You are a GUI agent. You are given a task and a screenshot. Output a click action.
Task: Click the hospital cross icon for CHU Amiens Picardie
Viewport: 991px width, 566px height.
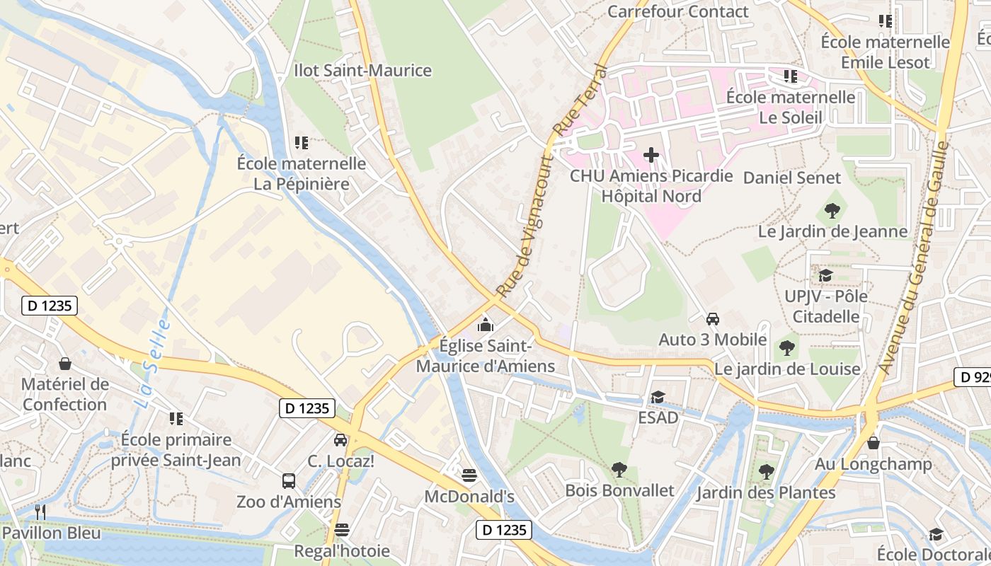tap(651, 154)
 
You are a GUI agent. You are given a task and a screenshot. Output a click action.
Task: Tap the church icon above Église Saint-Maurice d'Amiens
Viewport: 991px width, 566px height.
tap(486, 325)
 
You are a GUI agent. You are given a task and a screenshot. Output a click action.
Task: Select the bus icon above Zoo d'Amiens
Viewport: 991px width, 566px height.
tap(289, 481)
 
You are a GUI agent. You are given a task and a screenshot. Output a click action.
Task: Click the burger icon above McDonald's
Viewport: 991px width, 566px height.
tap(469, 475)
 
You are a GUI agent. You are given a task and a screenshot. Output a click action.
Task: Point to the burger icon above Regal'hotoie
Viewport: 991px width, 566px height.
tap(342, 530)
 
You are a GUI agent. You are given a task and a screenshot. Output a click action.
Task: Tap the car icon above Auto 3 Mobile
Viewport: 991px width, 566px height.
tap(713, 318)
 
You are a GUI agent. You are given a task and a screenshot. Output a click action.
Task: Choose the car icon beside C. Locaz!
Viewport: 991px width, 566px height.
tap(340, 440)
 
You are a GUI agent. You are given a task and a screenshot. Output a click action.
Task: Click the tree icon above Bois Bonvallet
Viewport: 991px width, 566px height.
tap(619, 469)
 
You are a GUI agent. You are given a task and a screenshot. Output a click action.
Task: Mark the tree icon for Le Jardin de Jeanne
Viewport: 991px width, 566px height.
tap(832, 210)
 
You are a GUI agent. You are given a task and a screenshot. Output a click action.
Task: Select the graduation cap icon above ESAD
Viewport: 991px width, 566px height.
tap(658, 397)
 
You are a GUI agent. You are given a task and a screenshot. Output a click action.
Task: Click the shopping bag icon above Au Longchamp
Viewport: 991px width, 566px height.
tap(873, 444)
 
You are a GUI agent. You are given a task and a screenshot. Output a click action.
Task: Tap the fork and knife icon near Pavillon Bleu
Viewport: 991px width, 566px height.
tap(40, 512)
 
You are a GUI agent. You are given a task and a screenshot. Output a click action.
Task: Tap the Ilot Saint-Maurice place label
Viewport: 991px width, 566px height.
tap(362, 71)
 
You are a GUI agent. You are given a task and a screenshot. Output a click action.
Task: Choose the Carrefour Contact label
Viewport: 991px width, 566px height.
tap(677, 11)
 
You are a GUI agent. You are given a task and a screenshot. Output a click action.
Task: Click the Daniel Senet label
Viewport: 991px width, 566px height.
tap(791, 178)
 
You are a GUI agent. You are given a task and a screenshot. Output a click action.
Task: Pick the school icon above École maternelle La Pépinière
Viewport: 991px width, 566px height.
tap(302, 143)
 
